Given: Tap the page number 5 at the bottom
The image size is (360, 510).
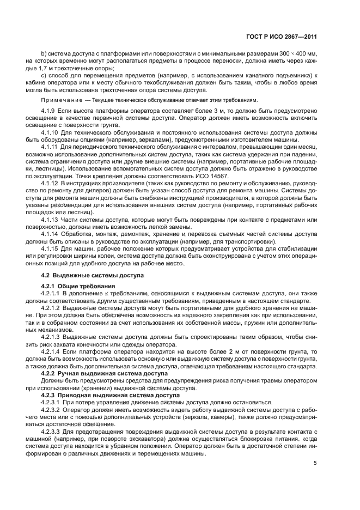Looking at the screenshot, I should point(315,464).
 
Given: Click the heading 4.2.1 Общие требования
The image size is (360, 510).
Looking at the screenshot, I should point(78,287).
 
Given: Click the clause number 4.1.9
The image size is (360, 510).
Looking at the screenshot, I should point(49,112).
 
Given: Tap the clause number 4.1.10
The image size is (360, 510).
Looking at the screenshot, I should point(51,132).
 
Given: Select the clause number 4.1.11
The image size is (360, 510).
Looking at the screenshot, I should point(51,146).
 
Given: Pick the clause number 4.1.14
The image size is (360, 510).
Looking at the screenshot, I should point(51,233).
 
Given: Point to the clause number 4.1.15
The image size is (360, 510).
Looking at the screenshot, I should point(51,247).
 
